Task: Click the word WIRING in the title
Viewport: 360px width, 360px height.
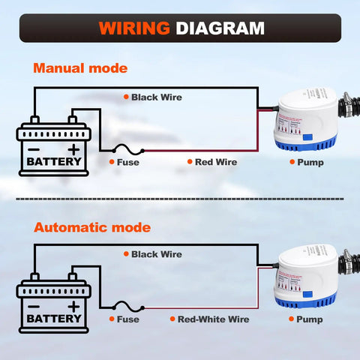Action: [x=133, y=28]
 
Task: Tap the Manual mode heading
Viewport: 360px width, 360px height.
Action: [x=79, y=68]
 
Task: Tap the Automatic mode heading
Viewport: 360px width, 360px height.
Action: [x=92, y=226]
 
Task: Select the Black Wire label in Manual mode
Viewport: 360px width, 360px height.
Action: [x=156, y=97]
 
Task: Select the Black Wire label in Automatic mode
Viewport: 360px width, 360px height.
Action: [x=156, y=254]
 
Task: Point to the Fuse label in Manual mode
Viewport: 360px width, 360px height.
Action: [x=127, y=161]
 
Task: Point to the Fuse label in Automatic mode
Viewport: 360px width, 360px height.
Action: [x=127, y=319]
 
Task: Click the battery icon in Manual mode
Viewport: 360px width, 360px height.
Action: [x=54, y=146]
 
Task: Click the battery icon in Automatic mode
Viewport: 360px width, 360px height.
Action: [x=54, y=303]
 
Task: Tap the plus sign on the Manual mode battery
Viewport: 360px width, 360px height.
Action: [x=73, y=149]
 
